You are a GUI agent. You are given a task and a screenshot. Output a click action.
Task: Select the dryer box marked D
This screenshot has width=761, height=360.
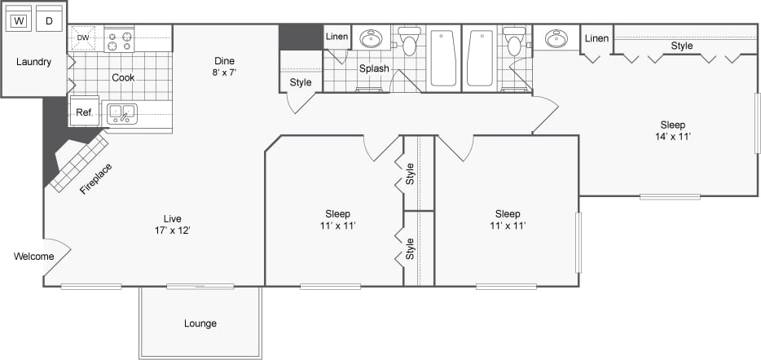click(49, 20)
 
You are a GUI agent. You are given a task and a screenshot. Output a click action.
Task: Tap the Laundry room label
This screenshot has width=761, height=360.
click(33, 62)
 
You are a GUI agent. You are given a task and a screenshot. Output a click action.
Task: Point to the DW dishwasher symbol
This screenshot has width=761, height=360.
click(83, 37)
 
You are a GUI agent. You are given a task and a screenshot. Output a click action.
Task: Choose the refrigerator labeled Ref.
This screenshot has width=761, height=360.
click(84, 113)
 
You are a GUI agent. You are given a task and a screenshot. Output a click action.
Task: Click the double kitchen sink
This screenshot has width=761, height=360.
click(122, 113)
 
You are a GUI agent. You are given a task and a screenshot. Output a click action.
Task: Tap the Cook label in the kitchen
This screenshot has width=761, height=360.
click(123, 78)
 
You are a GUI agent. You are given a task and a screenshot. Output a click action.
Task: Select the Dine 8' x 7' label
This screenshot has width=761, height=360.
click(224, 66)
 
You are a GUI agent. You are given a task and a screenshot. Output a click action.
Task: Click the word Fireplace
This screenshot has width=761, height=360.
click(95, 179)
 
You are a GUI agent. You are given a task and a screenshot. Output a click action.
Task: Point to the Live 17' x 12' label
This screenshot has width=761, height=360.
click(172, 224)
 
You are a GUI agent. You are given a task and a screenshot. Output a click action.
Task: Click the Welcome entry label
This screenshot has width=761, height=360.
click(33, 257)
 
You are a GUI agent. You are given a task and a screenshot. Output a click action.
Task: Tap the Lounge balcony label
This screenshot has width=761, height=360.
click(200, 323)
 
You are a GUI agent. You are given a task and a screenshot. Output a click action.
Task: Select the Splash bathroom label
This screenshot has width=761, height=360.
click(374, 68)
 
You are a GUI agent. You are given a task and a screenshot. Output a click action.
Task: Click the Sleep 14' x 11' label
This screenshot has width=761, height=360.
click(672, 130)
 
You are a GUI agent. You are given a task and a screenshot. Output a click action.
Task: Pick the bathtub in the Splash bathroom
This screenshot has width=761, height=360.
click(443, 59)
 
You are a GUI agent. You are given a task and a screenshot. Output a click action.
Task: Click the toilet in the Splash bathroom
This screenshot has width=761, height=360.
click(408, 41)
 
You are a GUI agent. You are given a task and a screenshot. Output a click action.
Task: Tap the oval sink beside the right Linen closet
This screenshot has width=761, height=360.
click(557, 39)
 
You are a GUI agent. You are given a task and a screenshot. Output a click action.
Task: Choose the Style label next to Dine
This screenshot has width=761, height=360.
click(301, 82)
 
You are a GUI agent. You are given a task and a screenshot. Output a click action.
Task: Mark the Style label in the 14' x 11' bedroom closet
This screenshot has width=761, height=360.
click(682, 46)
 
